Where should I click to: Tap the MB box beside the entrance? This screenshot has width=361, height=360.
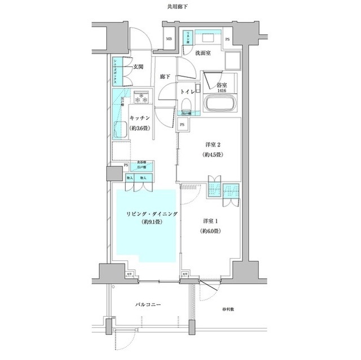pyautogui.click(x=169, y=39)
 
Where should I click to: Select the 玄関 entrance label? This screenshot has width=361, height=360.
pyautogui.click(x=137, y=66)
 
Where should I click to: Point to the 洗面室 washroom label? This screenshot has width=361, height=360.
pyautogui.click(x=202, y=53)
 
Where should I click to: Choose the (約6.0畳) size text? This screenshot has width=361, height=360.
pyautogui.click(x=209, y=232)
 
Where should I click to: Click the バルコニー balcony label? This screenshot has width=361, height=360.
pyautogui.click(x=148, y=304)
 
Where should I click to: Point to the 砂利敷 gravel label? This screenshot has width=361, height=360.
pyautogui.click(x=227, y=310)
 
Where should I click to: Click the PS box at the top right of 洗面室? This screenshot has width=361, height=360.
pyautogui.click(x=227, y=39)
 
